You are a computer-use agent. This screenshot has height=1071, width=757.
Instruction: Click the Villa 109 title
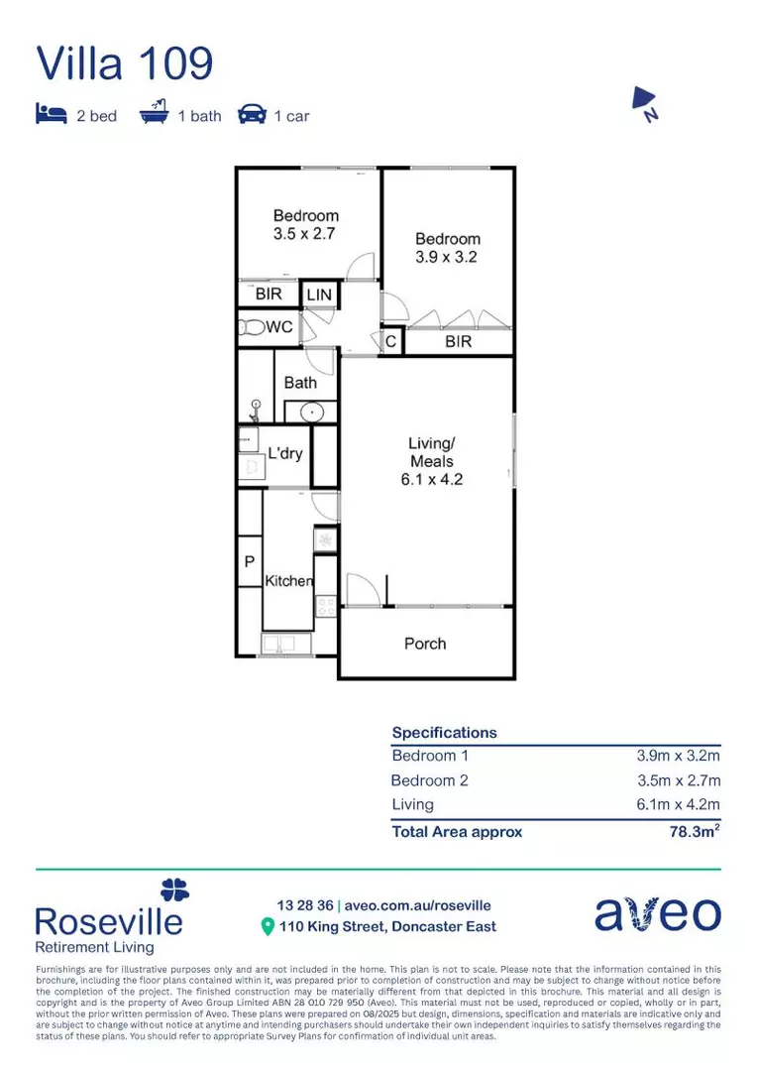pyautogui.click(x=125, y=63)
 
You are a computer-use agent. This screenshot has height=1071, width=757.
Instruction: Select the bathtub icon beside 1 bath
pyautogui.click(x=154, y=115)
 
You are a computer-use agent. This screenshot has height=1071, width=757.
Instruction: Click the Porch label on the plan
pyautogui.click(x=425, y=644)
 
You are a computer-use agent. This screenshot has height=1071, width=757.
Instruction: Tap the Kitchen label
pyautogui.click(x=288, y=581)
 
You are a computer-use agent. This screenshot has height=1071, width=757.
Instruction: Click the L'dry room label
pyautogui.click(x=285, y=453)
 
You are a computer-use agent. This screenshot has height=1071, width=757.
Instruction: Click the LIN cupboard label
pyautogui.click(x=319, y=296)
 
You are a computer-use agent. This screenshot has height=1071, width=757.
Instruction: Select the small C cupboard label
pyautogui.click(x=391, y=342)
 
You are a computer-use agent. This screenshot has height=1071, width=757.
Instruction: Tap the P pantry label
pyautogui.click(x=249, y=561)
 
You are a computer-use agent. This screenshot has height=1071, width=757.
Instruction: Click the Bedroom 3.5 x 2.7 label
pyautogui.click(x=306, y=224)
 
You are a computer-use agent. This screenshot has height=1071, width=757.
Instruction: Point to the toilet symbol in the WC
pyautogui.click(x=251, y=328)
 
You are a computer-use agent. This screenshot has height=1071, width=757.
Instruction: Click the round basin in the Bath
pyautogui.click(x=310, y=411)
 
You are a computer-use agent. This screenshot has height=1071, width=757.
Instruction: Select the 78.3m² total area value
pyautogui.click(x=695, y=831)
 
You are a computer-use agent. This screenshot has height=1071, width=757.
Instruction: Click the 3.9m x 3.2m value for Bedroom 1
pyautogui.click(x=678, y=756)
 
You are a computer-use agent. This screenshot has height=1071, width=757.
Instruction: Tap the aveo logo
pyautogui.click(x=657, y=913)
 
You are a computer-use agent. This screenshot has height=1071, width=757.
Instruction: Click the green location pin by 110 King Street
pyautogui.click(x=267, y=927)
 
